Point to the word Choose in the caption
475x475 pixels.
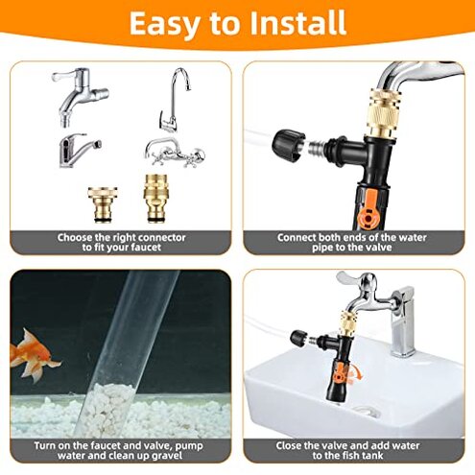(77, 236)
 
